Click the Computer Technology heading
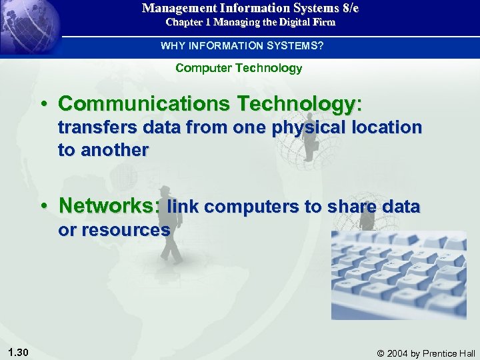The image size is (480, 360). click(x=239, y=68)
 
